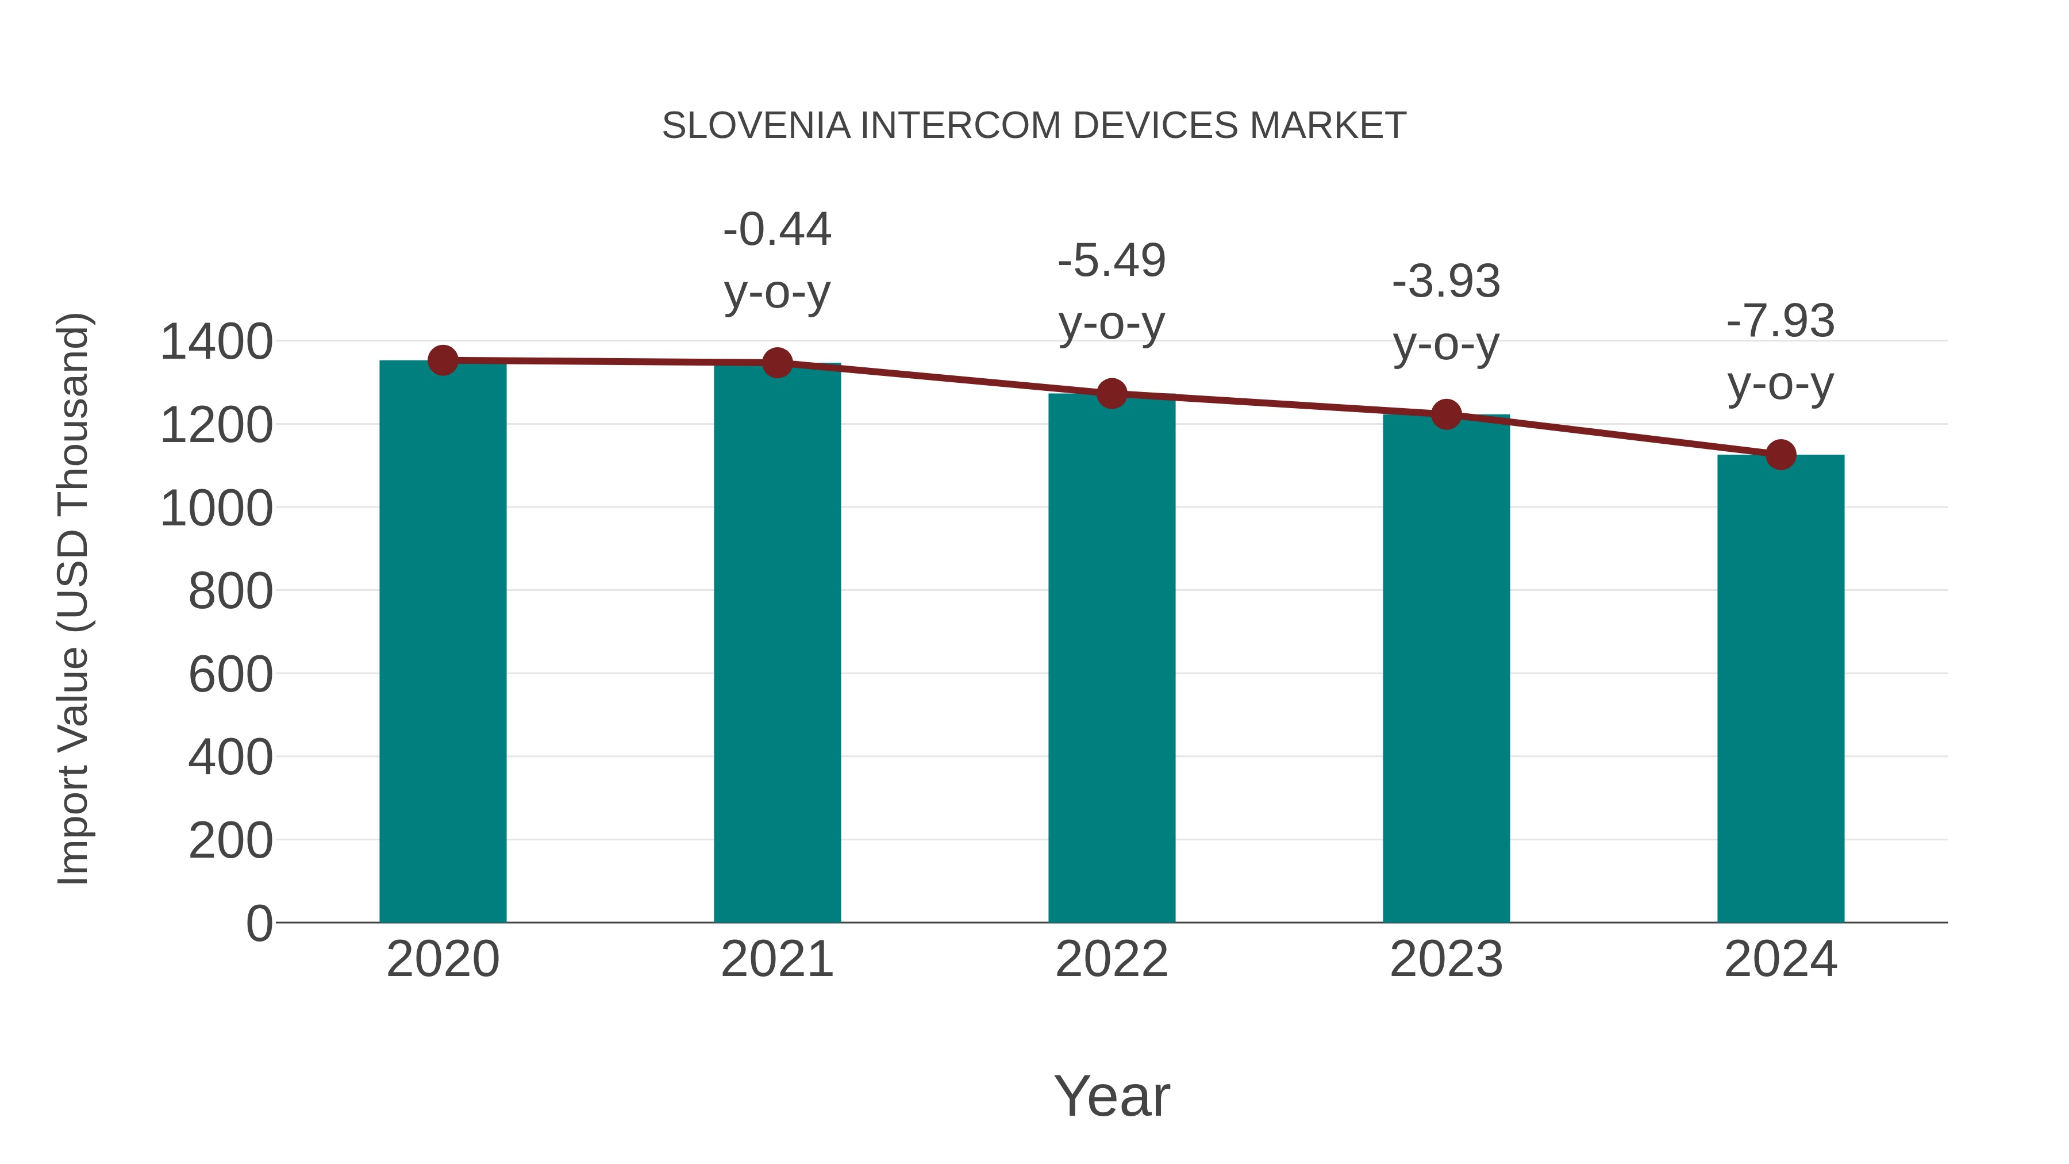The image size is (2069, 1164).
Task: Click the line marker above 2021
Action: pyautogui.click(x=776, y=363)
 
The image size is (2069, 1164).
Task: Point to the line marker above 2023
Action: pyautogui.click(x=1446, y=414)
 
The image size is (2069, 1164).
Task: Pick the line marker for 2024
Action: pyautogui.click(x=1780, y=455)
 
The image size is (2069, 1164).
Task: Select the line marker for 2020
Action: pyautogui.click(x=443, y=360)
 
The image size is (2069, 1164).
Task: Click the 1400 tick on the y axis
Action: pyautogui.click(x=217, y=342)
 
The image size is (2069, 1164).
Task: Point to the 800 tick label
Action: pyautogui.click(x=230, y=592)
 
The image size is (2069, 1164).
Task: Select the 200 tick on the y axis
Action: pyautogui.click(x=230, y=841)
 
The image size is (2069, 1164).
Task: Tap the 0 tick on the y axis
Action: pyautogui.click(x=259, y=924)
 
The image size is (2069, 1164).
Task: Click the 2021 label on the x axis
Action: pyautogui.click(x=776, y=959)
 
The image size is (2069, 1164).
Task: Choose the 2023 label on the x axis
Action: pyautogui.click(x=1446, y=959)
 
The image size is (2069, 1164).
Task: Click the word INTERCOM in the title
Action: pyautogui.click(x=960, y=126)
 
